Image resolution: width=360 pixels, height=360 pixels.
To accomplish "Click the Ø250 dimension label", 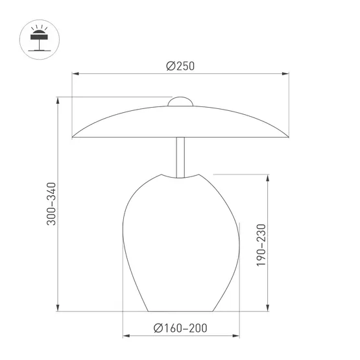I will click(180, 66).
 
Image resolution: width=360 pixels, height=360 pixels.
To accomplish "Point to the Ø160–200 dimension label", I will click(181, 328).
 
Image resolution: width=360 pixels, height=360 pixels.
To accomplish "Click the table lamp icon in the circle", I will click(38, 40).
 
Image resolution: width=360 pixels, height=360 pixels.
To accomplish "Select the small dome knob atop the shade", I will click(181, 102).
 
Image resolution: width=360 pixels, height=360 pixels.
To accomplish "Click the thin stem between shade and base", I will click(181, 156).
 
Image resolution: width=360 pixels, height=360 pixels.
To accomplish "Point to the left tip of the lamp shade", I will click(73, 137).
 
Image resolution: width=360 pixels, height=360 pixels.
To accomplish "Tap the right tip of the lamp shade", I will click(288, 137).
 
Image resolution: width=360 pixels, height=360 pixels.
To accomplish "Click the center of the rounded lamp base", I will click(181, 243).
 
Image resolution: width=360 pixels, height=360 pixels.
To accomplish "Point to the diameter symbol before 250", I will click(170, 66).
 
